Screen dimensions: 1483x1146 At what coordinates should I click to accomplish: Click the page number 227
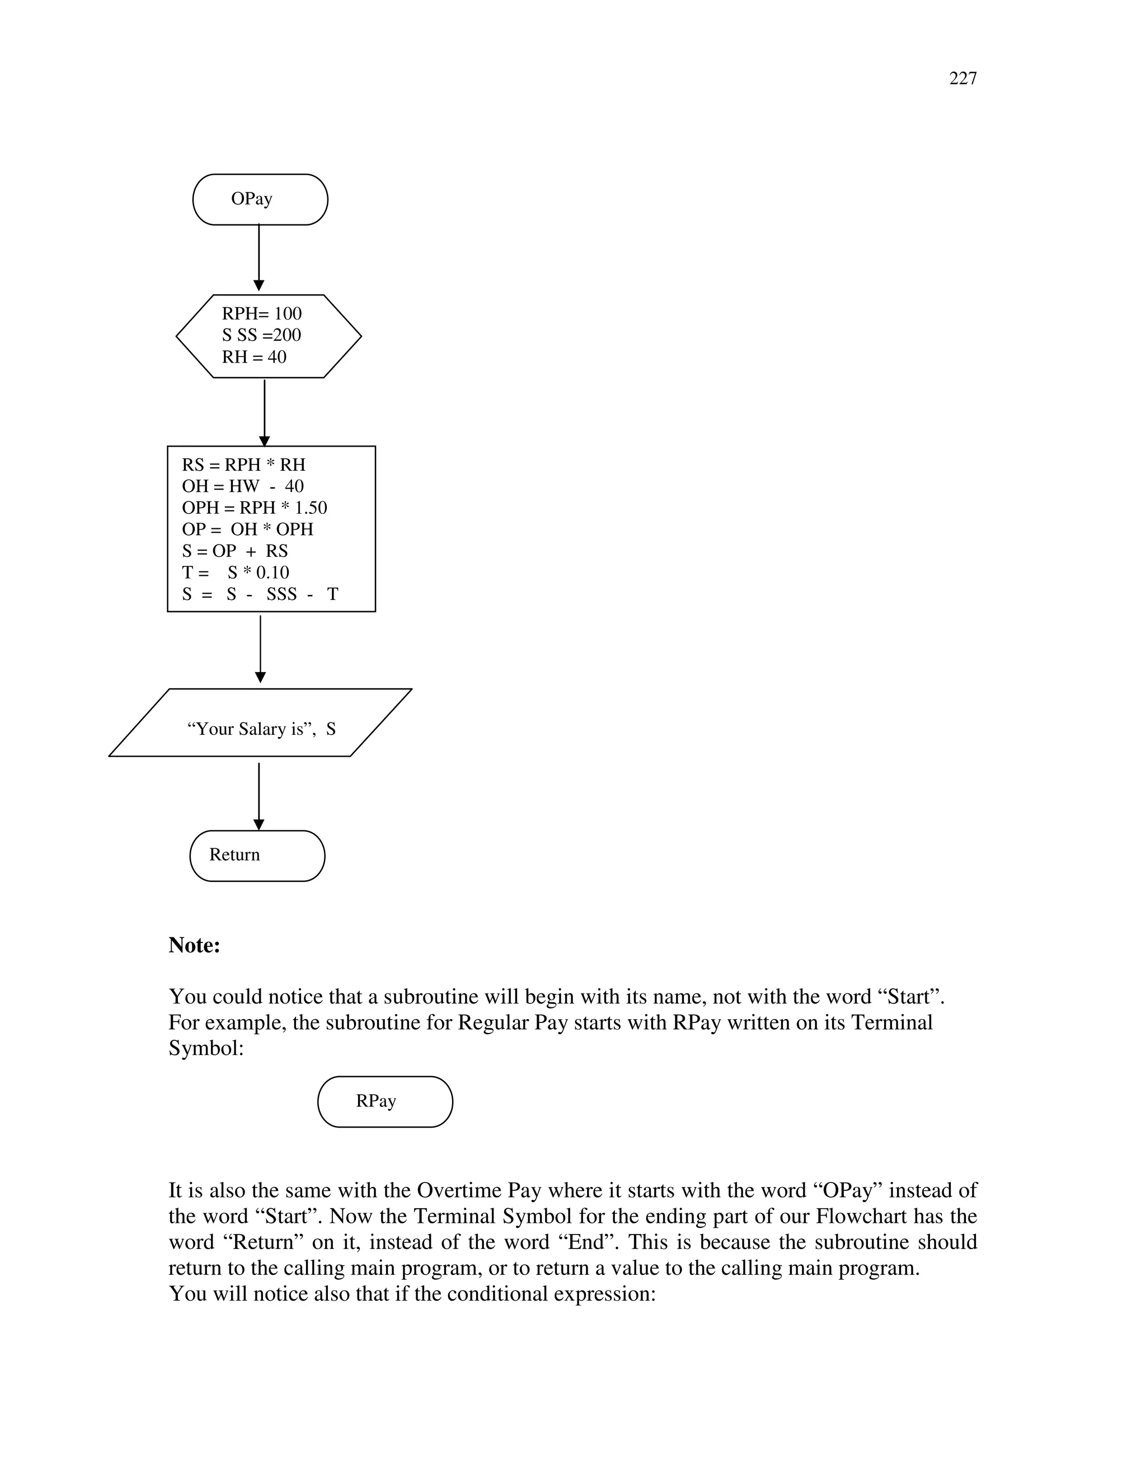tap(962, 79)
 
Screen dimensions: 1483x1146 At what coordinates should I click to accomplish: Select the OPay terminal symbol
tap(260, 199)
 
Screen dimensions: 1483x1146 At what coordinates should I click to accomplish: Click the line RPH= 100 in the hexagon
tap(261, 314)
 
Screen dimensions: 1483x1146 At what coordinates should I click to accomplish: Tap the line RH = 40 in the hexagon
tap(254, 357)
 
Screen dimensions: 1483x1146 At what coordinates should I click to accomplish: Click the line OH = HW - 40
tap(242, 486)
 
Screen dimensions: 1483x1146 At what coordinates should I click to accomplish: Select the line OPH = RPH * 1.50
tap(254, 508)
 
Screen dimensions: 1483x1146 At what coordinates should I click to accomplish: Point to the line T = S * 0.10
tap(235, 572)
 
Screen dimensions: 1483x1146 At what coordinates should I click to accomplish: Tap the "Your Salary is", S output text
tap(261, 729)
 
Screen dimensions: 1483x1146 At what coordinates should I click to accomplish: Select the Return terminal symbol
tap(257, 856)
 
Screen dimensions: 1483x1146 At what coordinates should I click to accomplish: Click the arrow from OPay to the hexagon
tap(259, 258)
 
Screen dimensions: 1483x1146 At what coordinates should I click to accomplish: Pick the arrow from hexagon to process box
tap(264, 411)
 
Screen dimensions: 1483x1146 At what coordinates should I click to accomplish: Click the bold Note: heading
tap(194, 945)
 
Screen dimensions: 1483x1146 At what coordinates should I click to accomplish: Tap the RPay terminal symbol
tap(385, 1102)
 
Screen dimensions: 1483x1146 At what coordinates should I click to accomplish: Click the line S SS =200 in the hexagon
tap(261, 335)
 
